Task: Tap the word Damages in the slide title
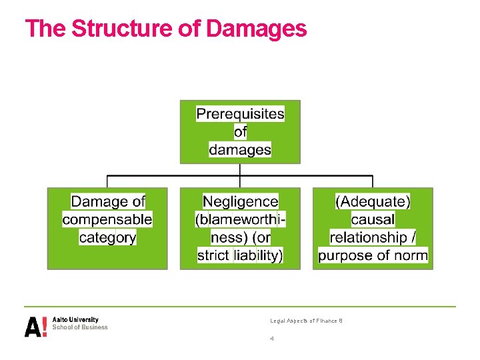click(257, 29)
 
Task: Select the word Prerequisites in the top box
click(240, 114)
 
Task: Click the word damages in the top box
click(240, 149)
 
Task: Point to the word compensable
click(107, 219)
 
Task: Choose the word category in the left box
click(107, 237)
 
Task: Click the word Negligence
click(240, 201)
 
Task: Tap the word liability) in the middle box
click(259, 255)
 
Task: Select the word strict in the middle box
click(213, 255)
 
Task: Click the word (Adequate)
click(373, 201)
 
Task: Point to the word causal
click(373, 219)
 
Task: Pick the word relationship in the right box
click(369, 237)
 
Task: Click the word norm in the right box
click(411, 255)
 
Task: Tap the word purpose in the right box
click(347, 255)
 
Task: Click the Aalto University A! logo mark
click(35, 326)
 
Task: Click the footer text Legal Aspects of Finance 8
click(306, 321)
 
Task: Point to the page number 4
click(272, 339)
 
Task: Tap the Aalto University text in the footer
click(75, 320)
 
